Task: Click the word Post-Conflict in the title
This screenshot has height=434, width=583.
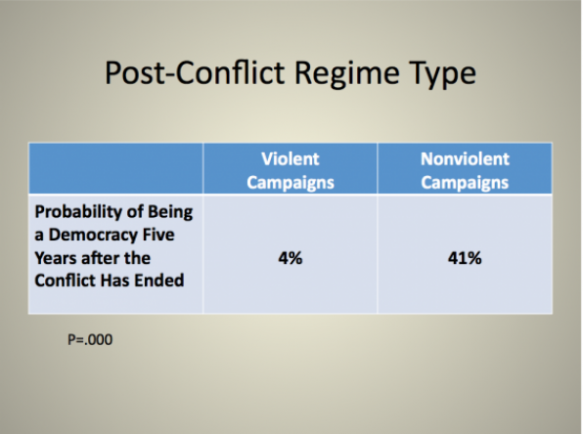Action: click(x=196, y=72)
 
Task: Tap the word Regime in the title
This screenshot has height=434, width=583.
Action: click(x=347, y=74)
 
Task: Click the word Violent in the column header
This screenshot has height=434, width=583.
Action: click(x=290, y=159)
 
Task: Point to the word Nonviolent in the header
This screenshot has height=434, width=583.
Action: click(x=465, y=159)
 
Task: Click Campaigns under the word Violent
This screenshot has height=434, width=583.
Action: click(x=291, y=183)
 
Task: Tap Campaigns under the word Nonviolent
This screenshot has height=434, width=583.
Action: click(x=465, y=183)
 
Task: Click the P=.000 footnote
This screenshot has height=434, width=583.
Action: click(x=90, y=339)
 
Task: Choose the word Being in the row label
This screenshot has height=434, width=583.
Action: click(x=170, y=213)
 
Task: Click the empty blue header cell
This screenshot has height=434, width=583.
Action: click(x=116, y=168)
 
